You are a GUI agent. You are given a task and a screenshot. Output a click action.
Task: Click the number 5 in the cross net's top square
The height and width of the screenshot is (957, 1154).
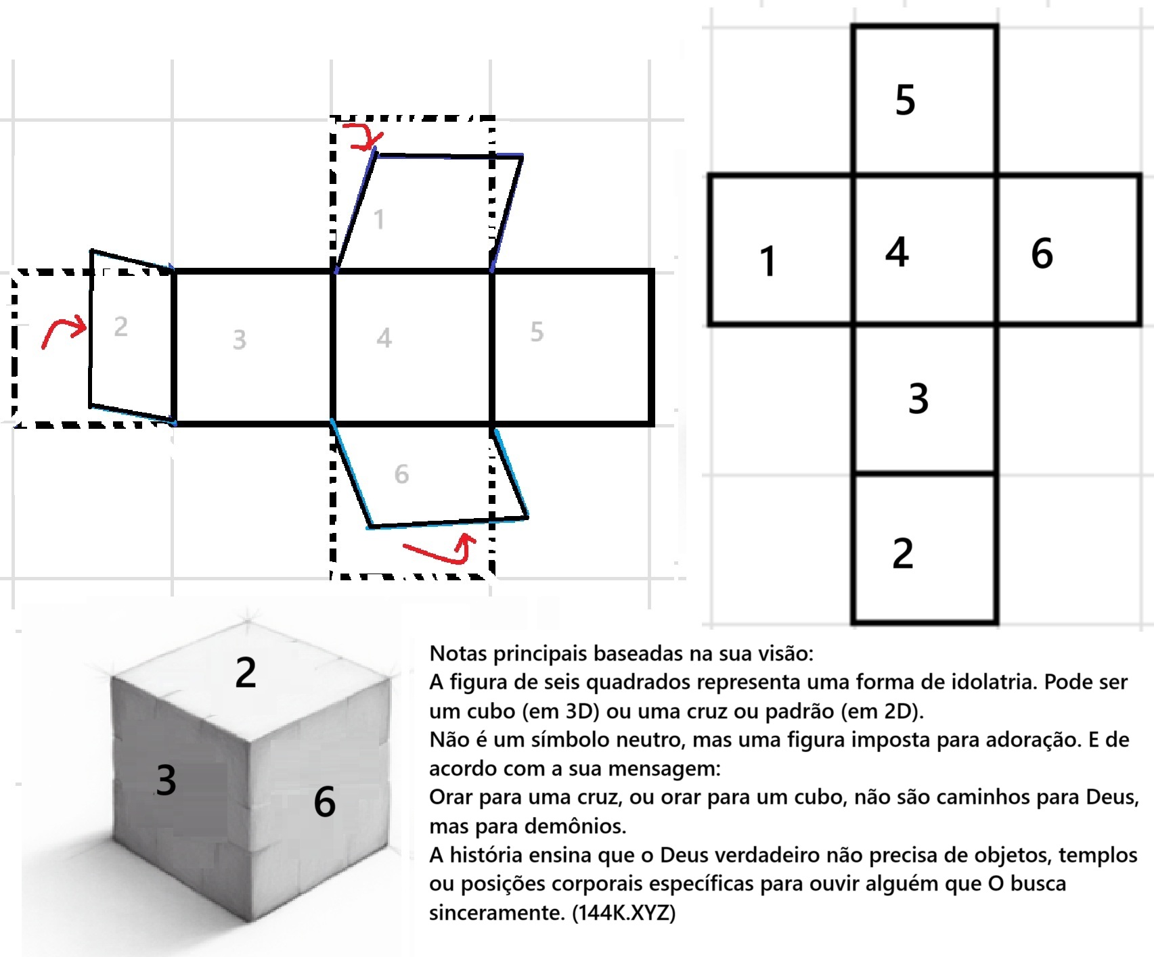pos(905,100)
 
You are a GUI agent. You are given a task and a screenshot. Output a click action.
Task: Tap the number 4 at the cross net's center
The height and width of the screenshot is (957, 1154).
pos(897,252)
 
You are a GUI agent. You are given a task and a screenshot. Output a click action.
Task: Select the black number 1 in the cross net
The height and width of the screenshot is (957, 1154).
pos(767,261)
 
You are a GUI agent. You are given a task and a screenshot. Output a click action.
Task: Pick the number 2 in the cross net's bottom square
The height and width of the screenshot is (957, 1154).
pos(903,553)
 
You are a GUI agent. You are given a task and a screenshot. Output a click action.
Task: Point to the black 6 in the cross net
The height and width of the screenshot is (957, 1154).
pos(1042,253)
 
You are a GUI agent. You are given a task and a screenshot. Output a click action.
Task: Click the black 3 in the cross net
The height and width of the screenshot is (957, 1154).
pos(918,398)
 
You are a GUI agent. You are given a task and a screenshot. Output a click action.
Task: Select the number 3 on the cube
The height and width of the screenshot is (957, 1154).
pos(166,779)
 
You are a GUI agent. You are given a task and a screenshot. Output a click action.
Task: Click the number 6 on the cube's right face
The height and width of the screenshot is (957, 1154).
pos(325,802)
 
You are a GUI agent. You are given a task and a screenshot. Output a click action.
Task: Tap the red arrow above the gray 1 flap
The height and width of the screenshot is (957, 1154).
pos(364,136)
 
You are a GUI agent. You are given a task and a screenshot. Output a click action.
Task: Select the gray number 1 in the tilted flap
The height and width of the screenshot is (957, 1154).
pos(380,219)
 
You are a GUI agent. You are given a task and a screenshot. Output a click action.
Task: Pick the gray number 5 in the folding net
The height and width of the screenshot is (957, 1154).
pos(537,331)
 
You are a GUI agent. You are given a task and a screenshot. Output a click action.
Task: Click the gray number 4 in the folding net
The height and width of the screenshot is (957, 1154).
pos(384,337)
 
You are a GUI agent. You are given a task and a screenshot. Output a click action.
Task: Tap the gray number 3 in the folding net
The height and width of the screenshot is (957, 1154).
pos(240,340)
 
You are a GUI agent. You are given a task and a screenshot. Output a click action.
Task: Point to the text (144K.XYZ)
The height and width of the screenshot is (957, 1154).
pos(624,912)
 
